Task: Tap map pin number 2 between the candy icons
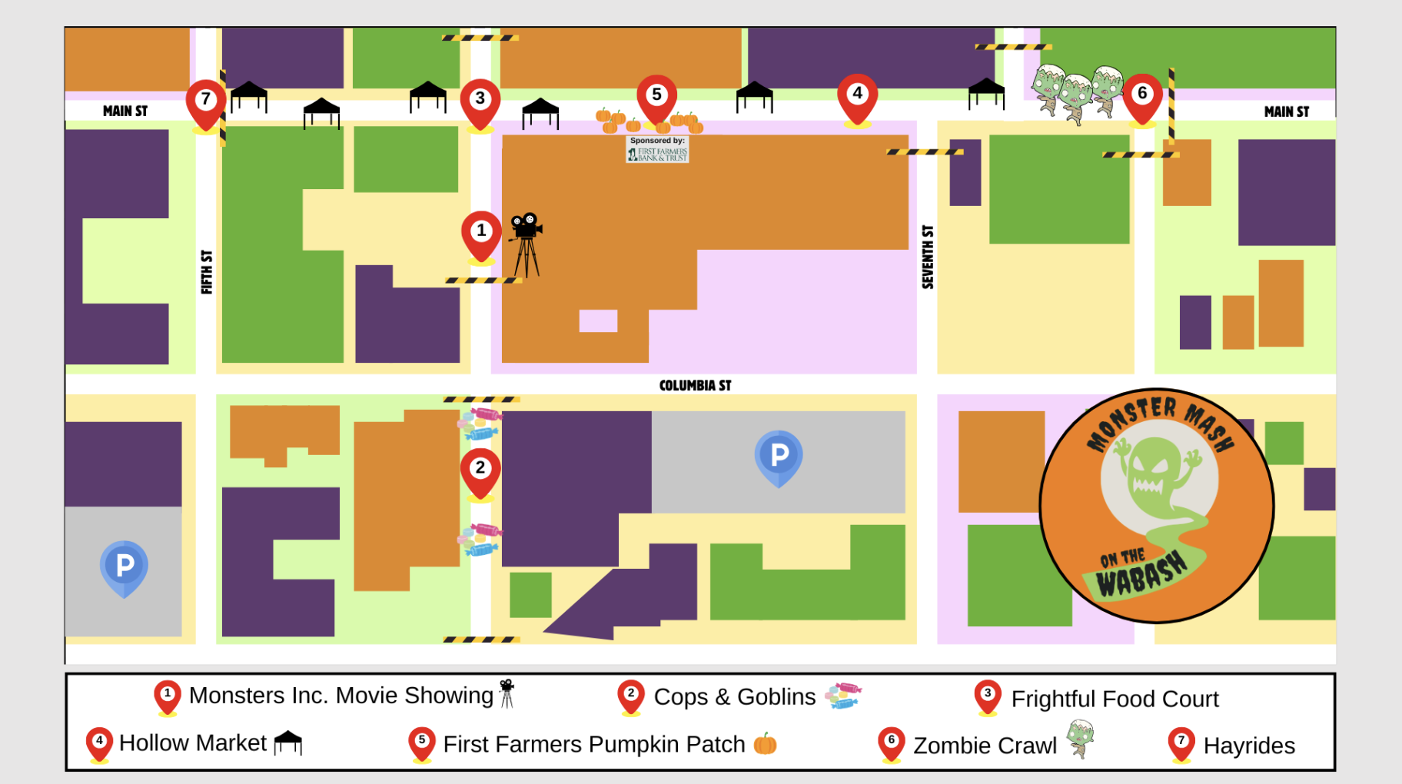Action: pyautogui.click(x=480, y=470)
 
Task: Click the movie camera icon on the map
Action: pyautogui.click(x=526, y=243)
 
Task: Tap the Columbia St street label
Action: pyautogui.click(x=695, y=385)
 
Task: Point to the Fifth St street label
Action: pyautogui.click(x=207, y=271)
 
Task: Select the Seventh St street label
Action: pyautogui.click(x=928, y=257)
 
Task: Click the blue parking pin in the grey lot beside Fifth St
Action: pyautogui.click(x=124, y=567)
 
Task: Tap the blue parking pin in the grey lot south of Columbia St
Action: pyautogui.click(x=779, y=457)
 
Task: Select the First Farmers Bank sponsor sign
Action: pyautogui.click(x=657, y=149)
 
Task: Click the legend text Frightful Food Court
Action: pyautogui.click(x=1115, y=699)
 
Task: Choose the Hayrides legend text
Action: pyautogui.click(x=1249, y=746)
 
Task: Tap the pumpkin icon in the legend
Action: pyautogui.click(x=765, y=744)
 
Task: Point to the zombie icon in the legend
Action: pyautogui.click(x=1081, y=739)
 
